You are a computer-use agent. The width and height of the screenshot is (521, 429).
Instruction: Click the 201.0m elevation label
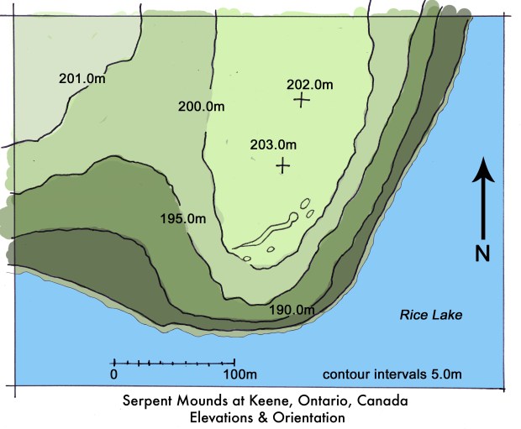81,79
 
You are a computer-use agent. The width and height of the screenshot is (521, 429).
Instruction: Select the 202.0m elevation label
309,84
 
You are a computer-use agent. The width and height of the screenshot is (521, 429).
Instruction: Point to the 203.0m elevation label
273,144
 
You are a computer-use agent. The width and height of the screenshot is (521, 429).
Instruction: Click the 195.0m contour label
182,218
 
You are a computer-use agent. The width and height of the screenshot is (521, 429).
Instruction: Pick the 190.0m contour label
292,311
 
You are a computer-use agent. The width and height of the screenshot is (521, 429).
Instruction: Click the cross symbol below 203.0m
283,165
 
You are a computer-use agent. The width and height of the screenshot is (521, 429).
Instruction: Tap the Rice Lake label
426,316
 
